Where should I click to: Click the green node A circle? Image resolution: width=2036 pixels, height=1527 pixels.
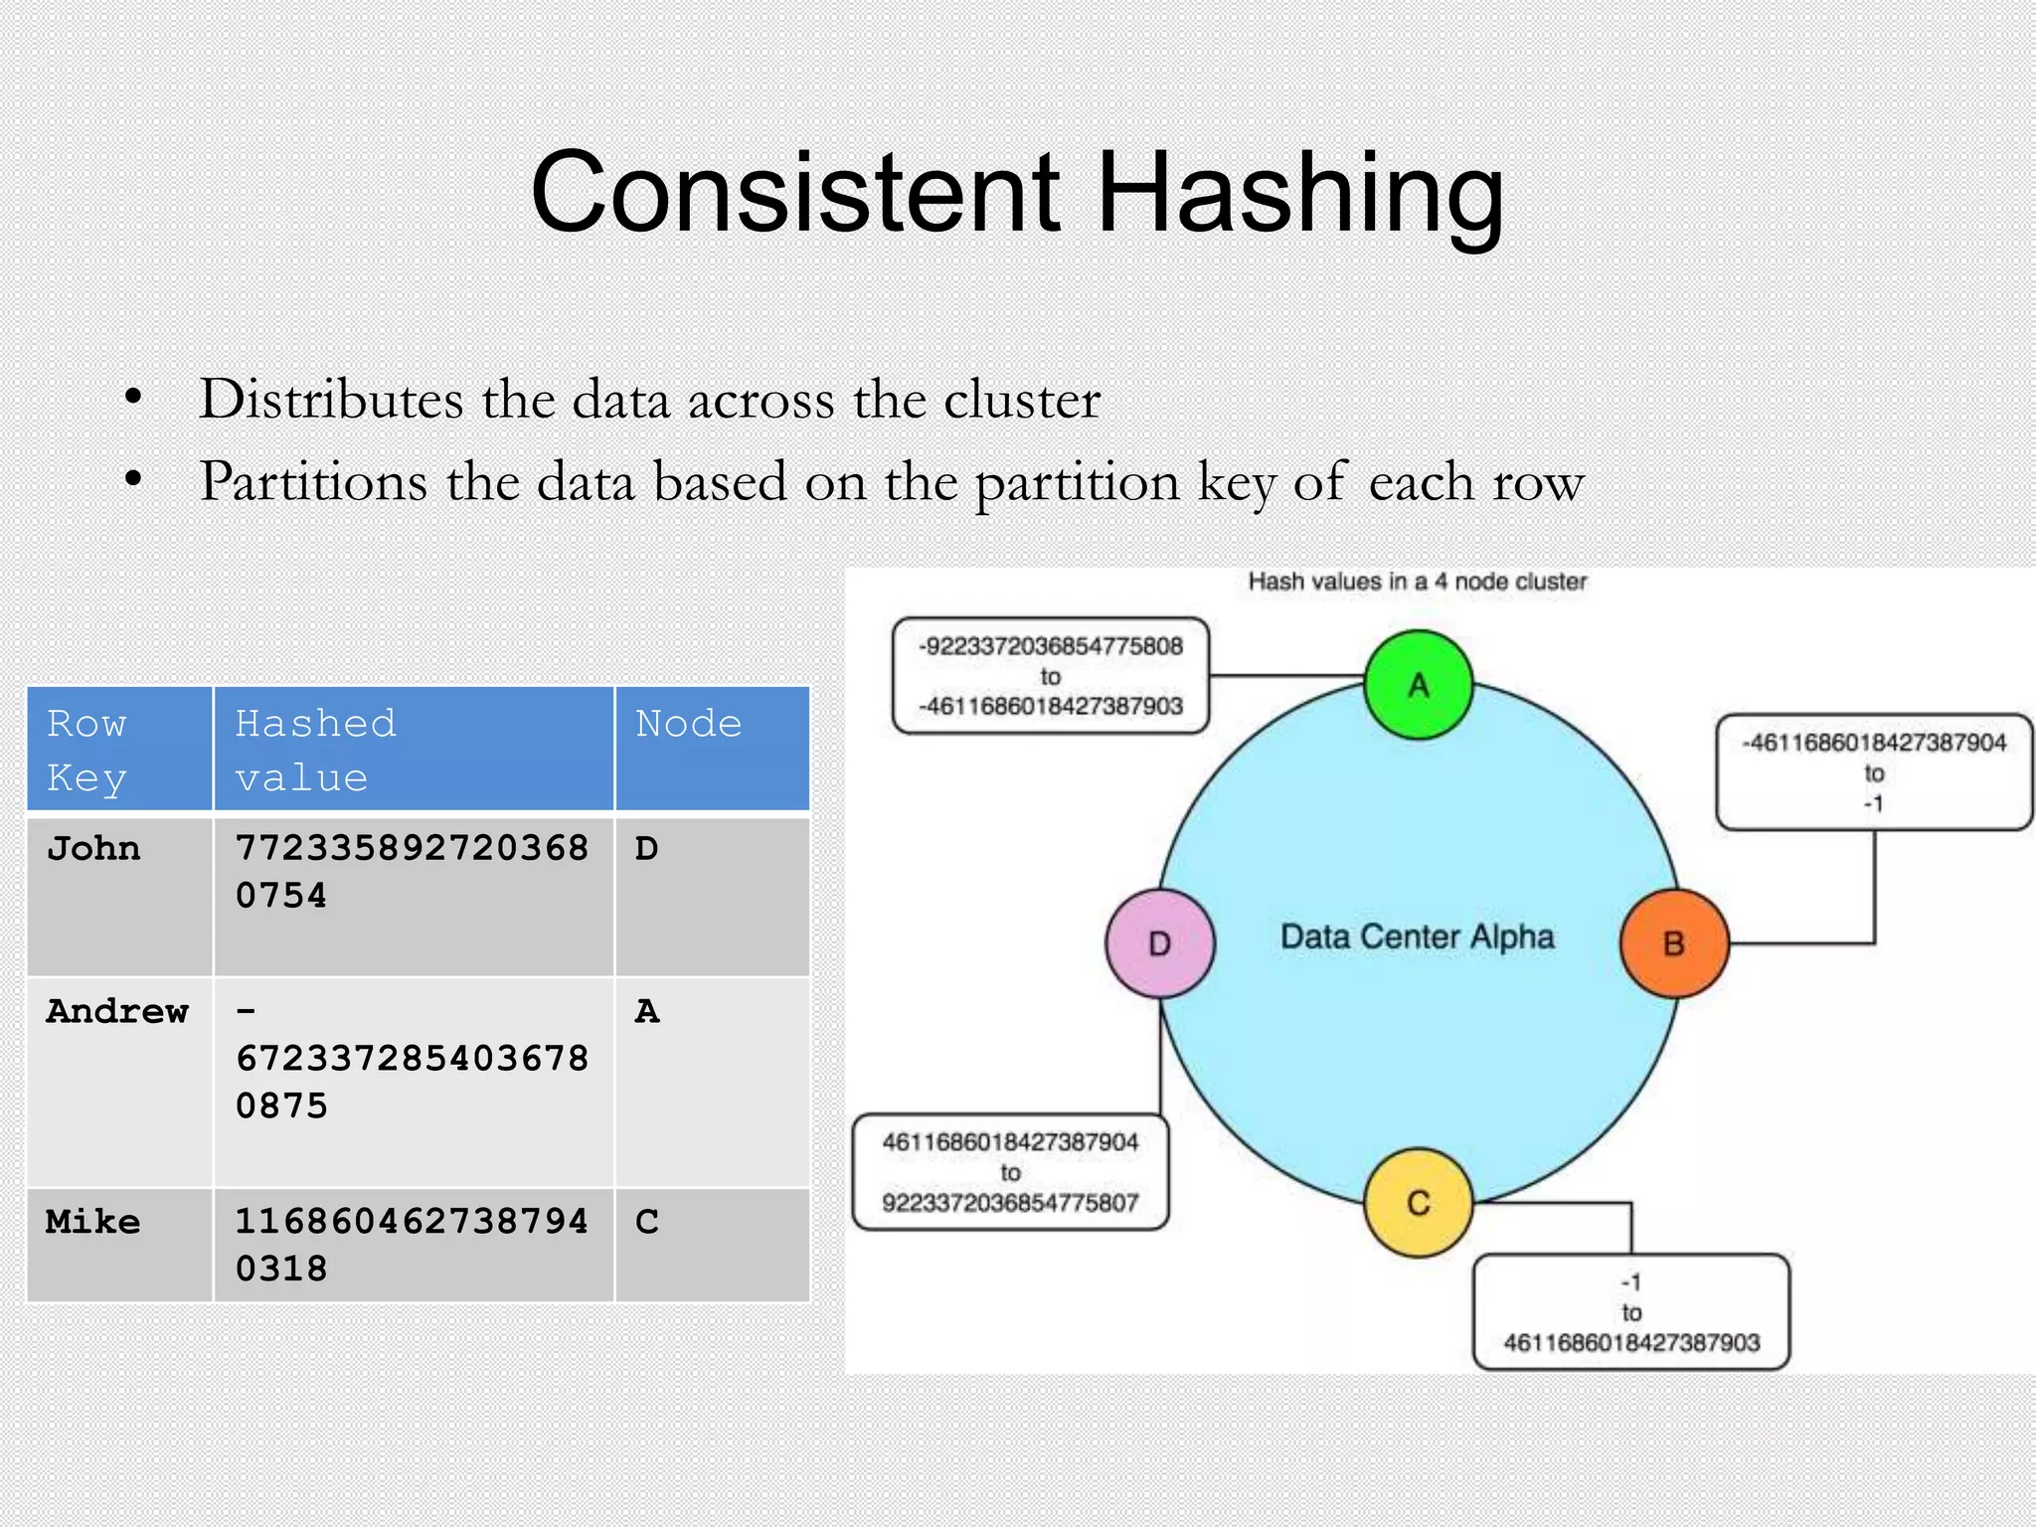[x=1418, y=685]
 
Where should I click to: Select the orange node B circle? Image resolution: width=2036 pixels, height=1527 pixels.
[x=1674, y=943]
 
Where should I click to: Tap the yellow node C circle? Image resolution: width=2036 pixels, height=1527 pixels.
[x=1418, y=1203]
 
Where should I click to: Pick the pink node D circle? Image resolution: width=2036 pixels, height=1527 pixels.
[x=1160, y=943]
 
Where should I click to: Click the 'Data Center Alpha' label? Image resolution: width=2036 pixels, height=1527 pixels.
[x=1417, y=936]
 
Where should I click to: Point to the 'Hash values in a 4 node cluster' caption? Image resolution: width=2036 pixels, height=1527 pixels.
[x=1417, y=582]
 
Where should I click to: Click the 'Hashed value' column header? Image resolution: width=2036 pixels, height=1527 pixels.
[x=316, y=750]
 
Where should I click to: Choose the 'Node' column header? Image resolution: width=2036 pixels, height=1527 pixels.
[x=689, y=724]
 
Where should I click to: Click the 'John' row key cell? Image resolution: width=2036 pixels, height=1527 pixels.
[x=94, y=849]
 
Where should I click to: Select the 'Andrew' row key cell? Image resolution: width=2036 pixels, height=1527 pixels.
[x=117, y=1012]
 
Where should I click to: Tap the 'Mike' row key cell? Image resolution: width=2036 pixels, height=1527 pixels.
[x=93, y=1222]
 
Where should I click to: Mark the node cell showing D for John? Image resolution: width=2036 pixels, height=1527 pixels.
[x=647, y=849]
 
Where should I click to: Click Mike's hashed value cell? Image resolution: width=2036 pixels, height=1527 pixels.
[x=412, y=1245]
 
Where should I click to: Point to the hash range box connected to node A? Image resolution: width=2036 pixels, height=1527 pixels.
[x=1051, y=676]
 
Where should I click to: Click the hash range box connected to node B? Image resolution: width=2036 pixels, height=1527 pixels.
[x=1874, y=772]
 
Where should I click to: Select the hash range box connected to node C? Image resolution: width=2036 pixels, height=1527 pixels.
[x=1630, y=1312]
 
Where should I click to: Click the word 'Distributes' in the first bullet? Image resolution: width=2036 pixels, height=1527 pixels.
[x=331, y=400]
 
